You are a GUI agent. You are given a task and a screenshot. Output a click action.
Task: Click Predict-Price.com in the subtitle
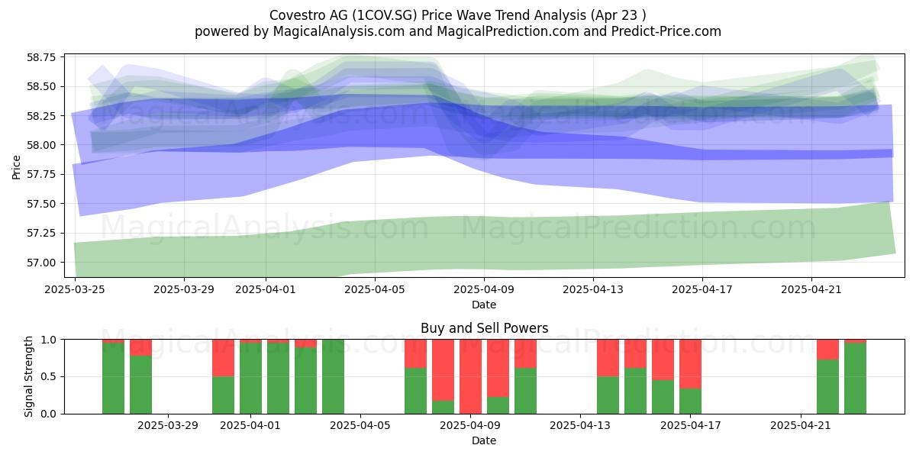(666, 31)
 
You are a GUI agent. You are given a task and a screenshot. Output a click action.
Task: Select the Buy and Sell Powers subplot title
(484, 328)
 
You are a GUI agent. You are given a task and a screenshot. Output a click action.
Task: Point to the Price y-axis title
(16, 167)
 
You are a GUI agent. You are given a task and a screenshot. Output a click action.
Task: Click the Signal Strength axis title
(28, 376)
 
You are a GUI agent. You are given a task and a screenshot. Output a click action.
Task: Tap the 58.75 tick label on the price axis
(41, 56)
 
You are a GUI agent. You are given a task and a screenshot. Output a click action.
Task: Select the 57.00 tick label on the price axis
(41, 263)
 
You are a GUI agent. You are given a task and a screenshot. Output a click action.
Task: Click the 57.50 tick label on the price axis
(41, 204)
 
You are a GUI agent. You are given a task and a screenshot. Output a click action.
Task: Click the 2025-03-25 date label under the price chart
(75, 289)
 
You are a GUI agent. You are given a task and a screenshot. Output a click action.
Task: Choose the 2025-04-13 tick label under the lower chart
(580, 426)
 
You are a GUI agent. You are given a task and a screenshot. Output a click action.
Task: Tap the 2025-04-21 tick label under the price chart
(811, 289)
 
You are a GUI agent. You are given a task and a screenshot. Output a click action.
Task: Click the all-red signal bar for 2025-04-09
(470, 376)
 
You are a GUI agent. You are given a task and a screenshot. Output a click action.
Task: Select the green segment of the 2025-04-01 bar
(250, 379)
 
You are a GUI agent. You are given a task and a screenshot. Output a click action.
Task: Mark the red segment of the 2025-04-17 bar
(690, 364)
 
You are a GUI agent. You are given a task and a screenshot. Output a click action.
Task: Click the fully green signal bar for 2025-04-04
(333, 376)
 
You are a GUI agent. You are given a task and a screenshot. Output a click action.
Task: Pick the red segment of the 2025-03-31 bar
(223, 358)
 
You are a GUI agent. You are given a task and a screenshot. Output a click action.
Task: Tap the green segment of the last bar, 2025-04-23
(855, 379)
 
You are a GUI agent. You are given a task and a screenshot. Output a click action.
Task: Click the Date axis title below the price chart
(484, 305)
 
